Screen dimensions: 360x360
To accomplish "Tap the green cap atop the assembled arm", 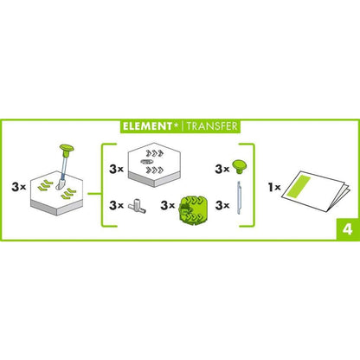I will click(65, 149).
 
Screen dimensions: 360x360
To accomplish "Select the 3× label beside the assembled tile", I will click(17, 185).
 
